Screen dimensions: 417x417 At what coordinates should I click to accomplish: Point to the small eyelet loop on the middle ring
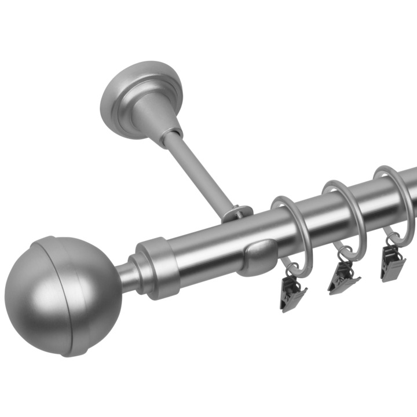tap(346, 253)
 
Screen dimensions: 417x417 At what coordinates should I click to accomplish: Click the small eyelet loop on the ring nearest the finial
tap(294, 270)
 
